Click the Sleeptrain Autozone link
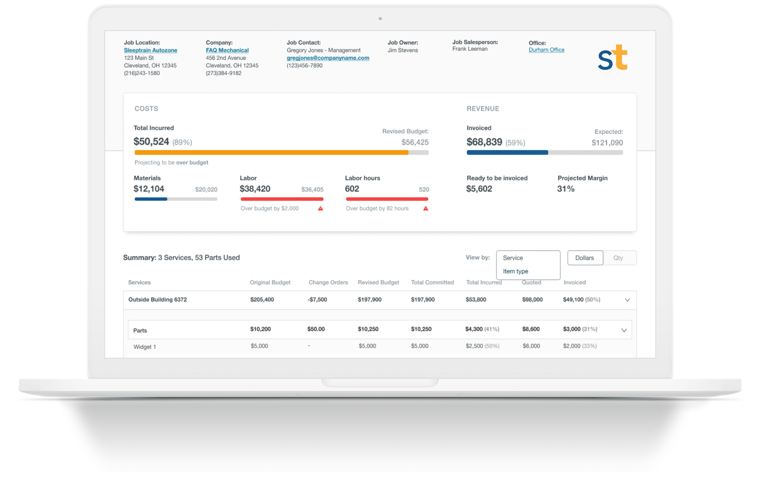pyautogui.click(x=150, y=50)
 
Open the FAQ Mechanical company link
pyautogui.click(x=227, y=50)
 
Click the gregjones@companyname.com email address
pyautogui.click(x=328, y=58)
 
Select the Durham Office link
pyautogui.click(x=546, y=50)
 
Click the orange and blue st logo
pyautogui.click(x=612, y=58)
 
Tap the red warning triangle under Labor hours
pyautogui.click(x=426, y=208)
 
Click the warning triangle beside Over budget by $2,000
pyautogui.click(x=321, y=208)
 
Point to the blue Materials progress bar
pyautogui.click(x=151, y=199)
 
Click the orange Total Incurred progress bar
pyautogui.click(x=271, y=153)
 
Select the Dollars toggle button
pyautogui.click(x=584, y=258)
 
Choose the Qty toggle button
pyautogui.click(x=618, y=258)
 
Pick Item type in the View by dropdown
pyautogui.click(x=516, y=271)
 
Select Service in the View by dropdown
pyautogui.click(x=513, y=258)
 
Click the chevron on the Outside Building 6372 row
pyautogui.click(x=627, y=300)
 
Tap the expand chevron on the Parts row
pyautogui.click(x=624, y=330)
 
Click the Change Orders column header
pyautogui.click(x=328, y=283)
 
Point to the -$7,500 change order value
pyautogui.click(x=317, y=300)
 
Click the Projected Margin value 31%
pyautogui.click(x=566, y=189)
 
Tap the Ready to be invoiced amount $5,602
pyautogui.click(x=479, y=189)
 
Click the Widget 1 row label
pyautogui.click(x=145, y=347)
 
